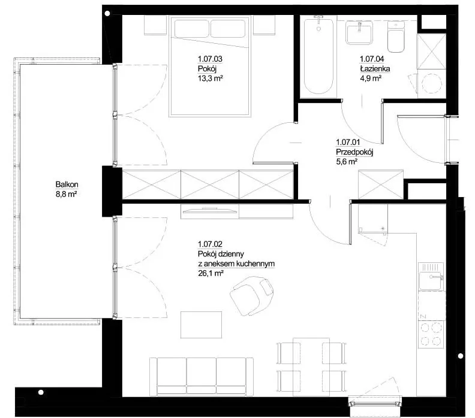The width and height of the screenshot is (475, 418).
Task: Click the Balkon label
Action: pyautogui.click(x=67, y=184)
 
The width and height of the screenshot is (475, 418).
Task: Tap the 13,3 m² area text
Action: pyautogui.click(x=211, y=78)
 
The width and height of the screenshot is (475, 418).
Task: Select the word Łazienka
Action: pyautogui.click(x=375, y=69)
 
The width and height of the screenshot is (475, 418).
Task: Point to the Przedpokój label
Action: pyautogui.click(x=354, y=152)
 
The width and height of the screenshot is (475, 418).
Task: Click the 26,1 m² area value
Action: pyautogui.click(x=211, y=274)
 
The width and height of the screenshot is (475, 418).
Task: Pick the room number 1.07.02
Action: pyautogui.click(x=211, y=244)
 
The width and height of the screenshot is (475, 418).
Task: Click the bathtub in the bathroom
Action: pyautogui.click(x=318, y=56)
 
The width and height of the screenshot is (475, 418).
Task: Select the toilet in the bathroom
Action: pyautogui.click(x=396, y=37)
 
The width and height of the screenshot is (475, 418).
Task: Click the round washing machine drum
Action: pyautogui.click(x=432, y=83)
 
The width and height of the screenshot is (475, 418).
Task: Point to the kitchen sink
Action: pyautogui.click(x=432, y=277)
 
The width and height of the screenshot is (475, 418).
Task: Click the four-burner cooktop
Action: pyautogui.click(x=432, y=334)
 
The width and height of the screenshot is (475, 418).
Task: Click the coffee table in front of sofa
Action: pyautogui.click(x=201, y=325)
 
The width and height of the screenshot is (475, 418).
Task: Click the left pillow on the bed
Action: pyautogui.click(x=191, y=28)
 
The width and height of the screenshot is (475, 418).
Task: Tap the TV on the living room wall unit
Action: pyautogui.click(x=210, y=210)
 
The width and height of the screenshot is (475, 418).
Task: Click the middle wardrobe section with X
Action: pyautogui.click(x=210, y=184)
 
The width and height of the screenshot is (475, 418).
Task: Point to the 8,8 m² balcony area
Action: pyautogui.click(x=66, y=194)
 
